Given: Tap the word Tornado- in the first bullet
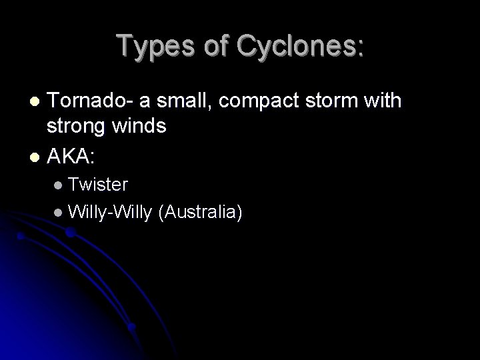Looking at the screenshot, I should tap(91, 101).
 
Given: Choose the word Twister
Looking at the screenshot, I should tap(98, 182).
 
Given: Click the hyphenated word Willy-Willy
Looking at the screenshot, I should tap(110, 212).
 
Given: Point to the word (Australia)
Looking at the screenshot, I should tap(200, 212).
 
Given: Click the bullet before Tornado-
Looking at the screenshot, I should tap(36, 101).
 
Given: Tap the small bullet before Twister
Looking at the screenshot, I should tap(59, 183).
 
